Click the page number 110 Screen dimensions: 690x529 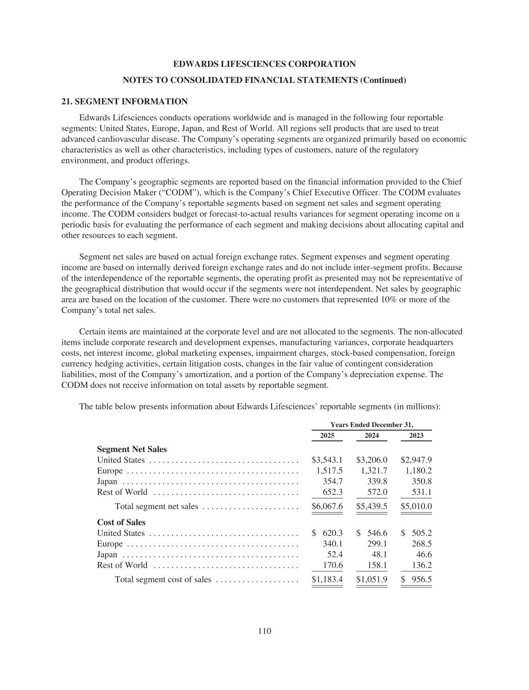click(264, 630)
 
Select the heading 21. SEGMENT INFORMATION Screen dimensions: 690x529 click(124, 102)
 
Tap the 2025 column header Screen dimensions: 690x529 click(327, 436)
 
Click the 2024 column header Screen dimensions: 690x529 click(372, 436)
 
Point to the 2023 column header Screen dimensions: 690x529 click(416, 436)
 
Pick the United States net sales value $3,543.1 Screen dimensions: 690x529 click(327, 460)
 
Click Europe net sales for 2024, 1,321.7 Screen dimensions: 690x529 click(374, 471)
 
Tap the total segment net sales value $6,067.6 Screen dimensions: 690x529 click(327, 507)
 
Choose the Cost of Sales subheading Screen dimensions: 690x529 click(121, 523)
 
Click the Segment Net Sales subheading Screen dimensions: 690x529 click(132, 449)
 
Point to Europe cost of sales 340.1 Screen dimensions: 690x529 click(333, 544)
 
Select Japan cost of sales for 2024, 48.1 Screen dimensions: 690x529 click(379, 555)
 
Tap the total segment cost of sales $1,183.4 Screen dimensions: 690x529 click(327, 580)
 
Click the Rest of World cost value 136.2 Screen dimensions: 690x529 click(421, 565)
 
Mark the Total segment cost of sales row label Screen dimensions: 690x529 click(163, 580)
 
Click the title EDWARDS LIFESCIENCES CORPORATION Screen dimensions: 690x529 click(264, 64)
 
